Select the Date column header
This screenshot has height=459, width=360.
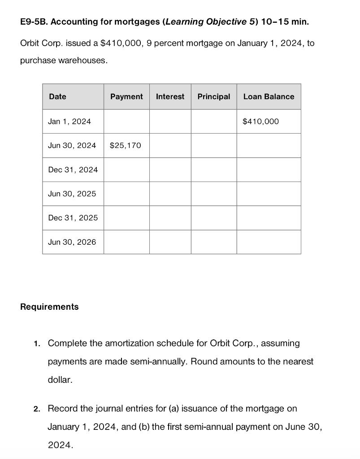57,96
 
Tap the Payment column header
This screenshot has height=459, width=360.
126,96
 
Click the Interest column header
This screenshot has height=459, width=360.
170,96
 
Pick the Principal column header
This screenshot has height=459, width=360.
213,96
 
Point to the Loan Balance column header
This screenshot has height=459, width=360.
269,96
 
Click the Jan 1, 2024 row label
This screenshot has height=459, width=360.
69,121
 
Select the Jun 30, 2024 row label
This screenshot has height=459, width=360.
72,145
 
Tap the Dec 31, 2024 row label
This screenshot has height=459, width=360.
73,169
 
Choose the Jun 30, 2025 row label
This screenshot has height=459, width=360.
72,194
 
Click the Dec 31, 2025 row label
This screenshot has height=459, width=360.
73,218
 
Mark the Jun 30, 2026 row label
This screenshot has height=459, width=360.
72,242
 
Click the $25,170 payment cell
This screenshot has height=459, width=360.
125,145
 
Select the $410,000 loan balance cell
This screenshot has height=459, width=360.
260,121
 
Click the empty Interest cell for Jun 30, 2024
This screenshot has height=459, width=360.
170,145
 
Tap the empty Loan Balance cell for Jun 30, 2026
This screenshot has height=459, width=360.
269,242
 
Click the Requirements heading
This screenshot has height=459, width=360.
49,307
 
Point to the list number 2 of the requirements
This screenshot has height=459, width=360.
37,409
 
